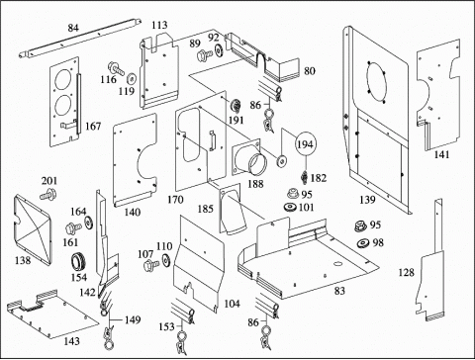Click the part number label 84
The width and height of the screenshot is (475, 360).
pos(73,28)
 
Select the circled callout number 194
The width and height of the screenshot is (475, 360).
pos(306,144)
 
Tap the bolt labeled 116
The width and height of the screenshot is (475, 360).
pos(115,67)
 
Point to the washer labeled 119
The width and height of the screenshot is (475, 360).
pos(133,79)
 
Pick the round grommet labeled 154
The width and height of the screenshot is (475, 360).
pos(79,262)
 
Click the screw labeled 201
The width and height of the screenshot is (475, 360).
pos(47,194)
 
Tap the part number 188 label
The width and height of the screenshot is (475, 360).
pos(255,184)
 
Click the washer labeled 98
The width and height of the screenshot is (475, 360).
pos(364,243)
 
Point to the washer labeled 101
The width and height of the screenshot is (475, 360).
pos(291,208)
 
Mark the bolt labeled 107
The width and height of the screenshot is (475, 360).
pos(151,264)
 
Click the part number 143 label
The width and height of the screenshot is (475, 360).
pos(71,341)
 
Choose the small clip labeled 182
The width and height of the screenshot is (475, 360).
pos(305,177)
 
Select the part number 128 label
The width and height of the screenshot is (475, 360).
pos(406,272)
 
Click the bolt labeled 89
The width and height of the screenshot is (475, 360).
pos(205,55)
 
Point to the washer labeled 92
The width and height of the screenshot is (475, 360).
pos(219,50)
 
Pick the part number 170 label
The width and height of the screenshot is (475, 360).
pos(175,200)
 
